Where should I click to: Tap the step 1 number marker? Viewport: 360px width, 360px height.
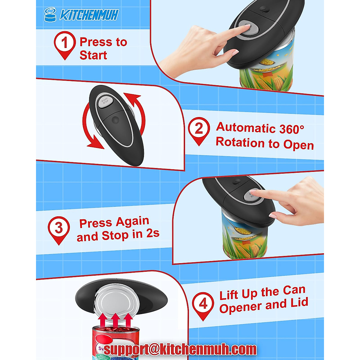64,43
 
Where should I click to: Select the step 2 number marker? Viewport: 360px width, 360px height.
199,129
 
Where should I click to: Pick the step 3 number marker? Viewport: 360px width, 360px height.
58,228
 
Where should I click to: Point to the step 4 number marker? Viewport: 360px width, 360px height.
203,304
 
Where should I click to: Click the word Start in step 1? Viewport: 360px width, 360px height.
93,55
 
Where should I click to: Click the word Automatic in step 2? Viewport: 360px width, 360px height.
242,127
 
